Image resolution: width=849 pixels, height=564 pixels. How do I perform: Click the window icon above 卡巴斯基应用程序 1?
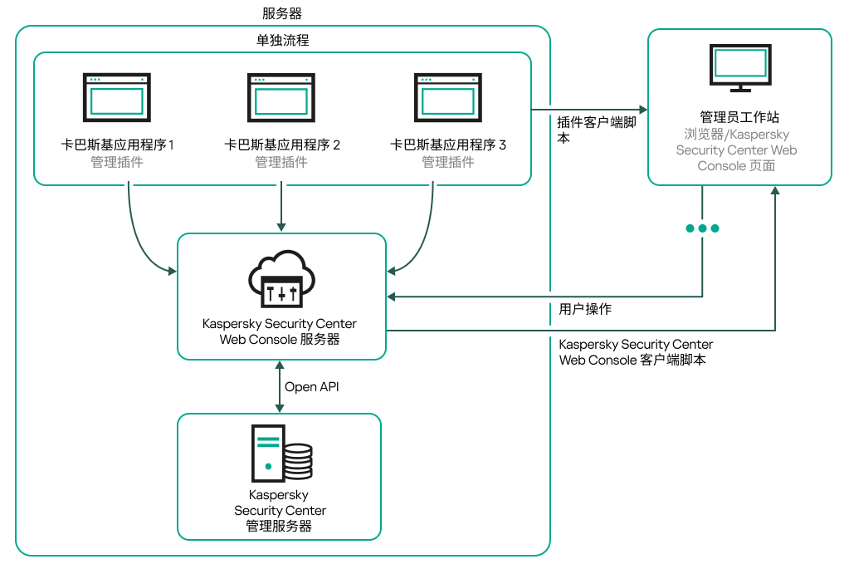coord(117,98)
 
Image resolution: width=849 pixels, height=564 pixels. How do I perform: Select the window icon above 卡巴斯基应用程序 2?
coord(282,98)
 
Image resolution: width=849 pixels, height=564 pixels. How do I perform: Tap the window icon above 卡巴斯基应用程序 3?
coord(448,98)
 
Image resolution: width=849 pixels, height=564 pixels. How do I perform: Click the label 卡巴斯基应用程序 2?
coord(282,145)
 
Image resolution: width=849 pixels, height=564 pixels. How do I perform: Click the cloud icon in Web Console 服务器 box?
coord(282,278)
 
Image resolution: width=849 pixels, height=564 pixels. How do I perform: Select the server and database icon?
coord(282,454)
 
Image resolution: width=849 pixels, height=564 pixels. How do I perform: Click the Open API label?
coord(312,387)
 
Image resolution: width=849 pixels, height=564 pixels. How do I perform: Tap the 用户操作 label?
coord(585,309)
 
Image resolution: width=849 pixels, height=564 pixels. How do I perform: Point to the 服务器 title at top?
coord(282,13)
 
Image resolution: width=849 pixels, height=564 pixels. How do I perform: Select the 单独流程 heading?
coord(282,40)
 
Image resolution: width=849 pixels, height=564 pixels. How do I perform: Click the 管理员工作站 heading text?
coord(739,118)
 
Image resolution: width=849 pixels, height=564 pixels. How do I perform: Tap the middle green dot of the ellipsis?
coord(702,228)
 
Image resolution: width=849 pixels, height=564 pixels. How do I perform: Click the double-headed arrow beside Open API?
coord(280,386)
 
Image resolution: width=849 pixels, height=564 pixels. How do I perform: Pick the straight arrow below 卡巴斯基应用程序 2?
coord(282,208)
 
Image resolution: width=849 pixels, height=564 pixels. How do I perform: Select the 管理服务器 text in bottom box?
coord(279,526)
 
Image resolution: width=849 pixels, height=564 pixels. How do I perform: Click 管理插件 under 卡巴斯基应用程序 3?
coord(448,162)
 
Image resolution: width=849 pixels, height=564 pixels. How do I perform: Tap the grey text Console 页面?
coord(736,165)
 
